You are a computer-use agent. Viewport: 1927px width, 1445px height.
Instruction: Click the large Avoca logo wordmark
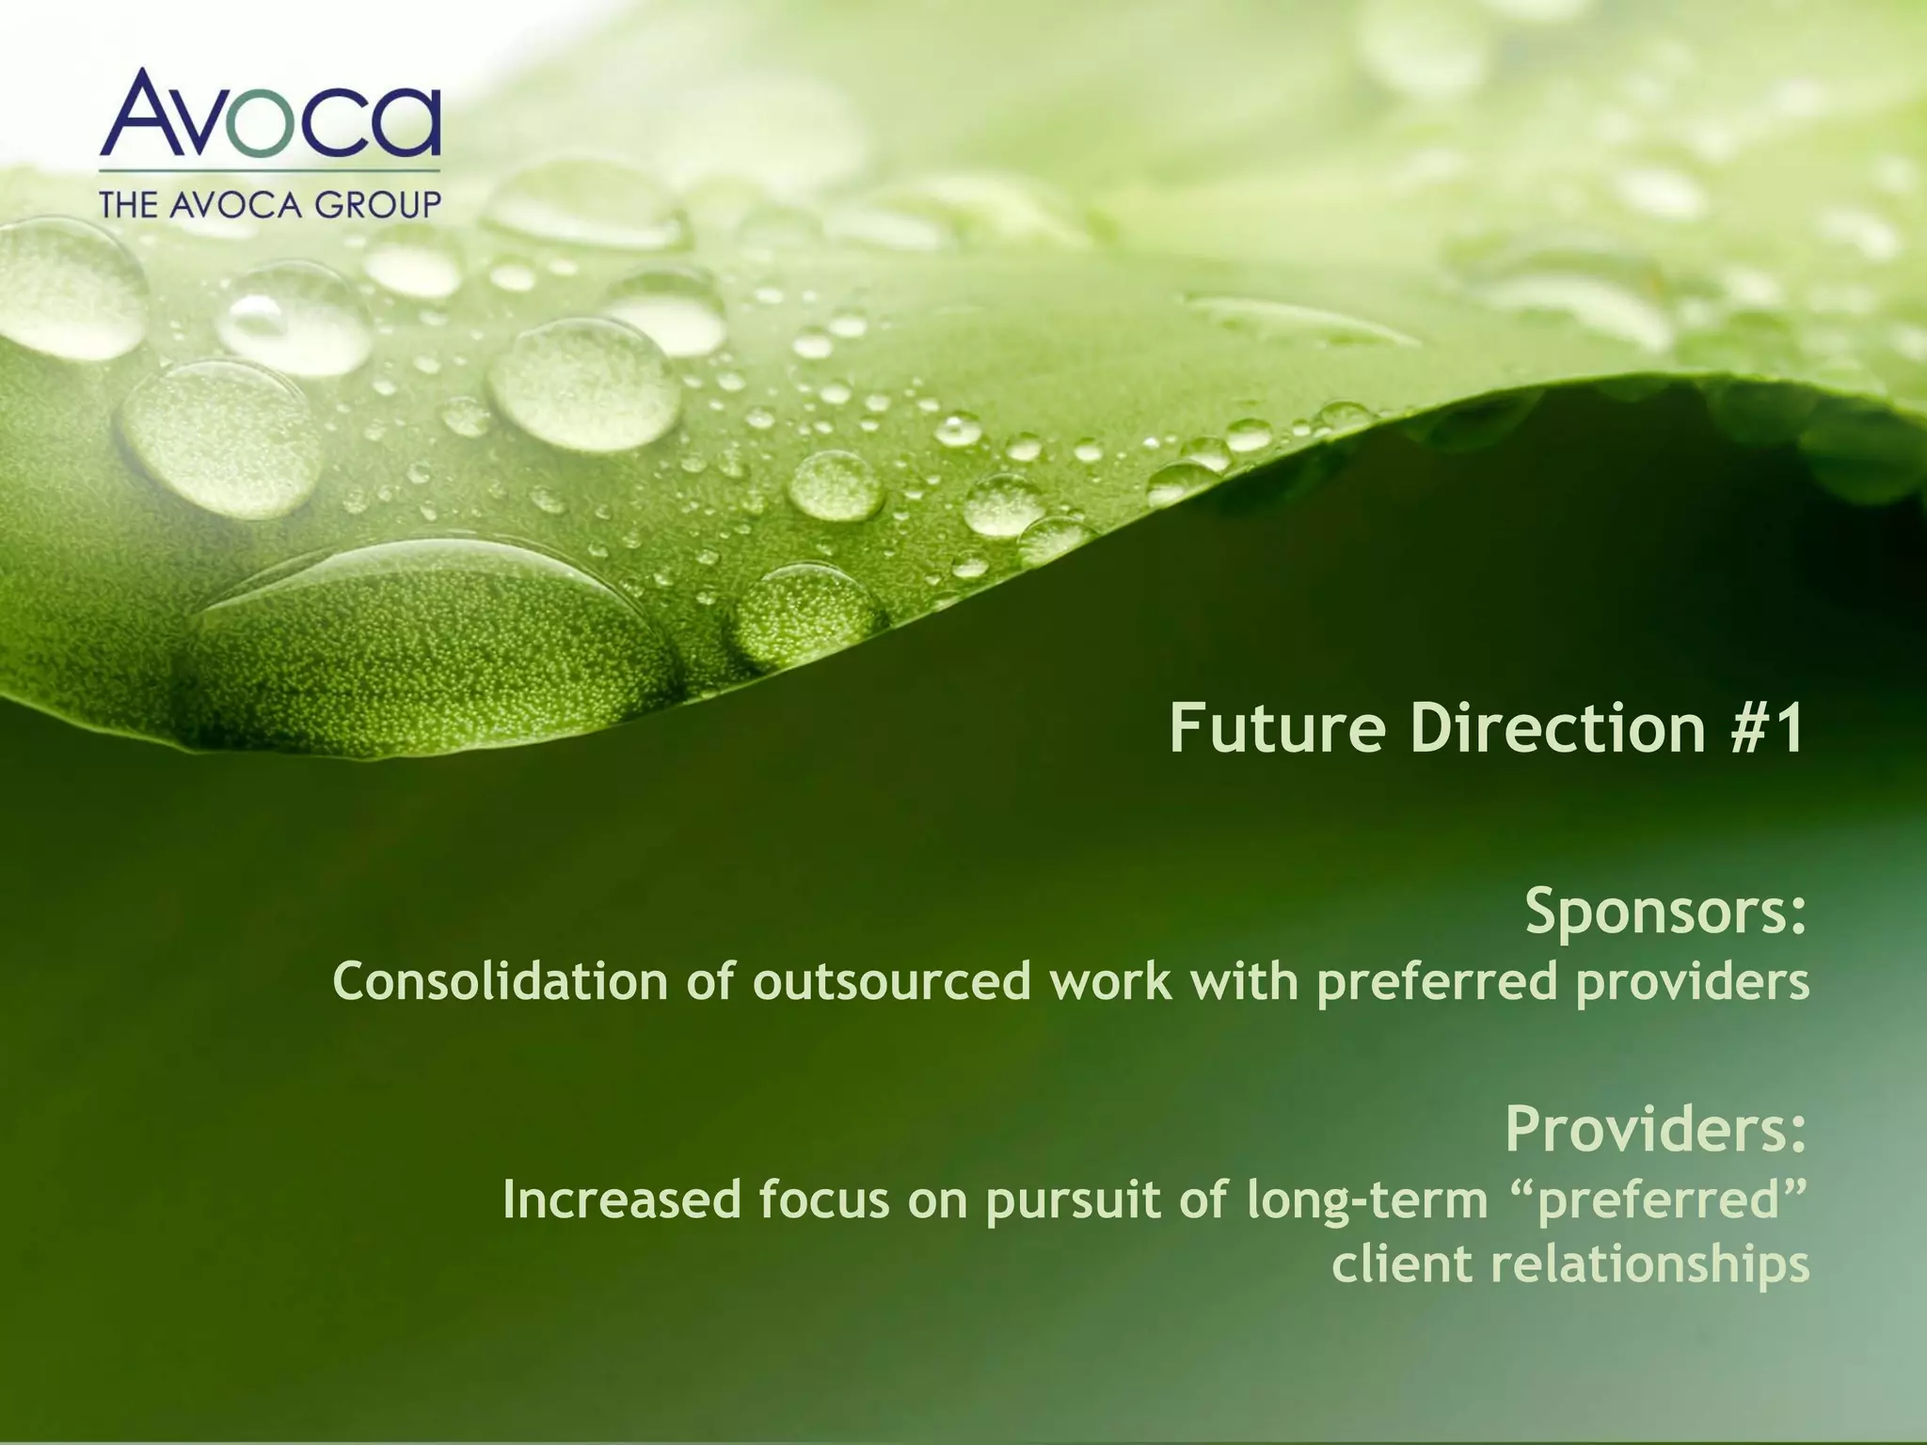point(270,116)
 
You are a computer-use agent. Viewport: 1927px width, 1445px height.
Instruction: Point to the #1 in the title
point(1767,728)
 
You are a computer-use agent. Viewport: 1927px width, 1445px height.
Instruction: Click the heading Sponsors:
point(1665,912)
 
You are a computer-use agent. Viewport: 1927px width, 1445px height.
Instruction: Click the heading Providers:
point(1656,1128)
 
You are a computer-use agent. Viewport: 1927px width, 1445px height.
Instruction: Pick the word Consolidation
point(501,981)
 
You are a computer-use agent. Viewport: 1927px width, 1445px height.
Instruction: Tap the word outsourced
point(892,981)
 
